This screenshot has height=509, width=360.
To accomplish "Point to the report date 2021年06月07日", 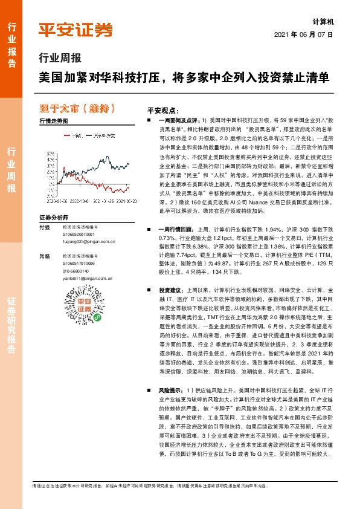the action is [x=304, y=34].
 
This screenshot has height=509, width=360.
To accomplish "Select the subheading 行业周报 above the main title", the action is [x=59, y=59].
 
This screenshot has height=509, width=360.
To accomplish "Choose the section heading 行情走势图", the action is [x=53, y=121].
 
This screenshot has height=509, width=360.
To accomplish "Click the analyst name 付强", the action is [x=45, y=227].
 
